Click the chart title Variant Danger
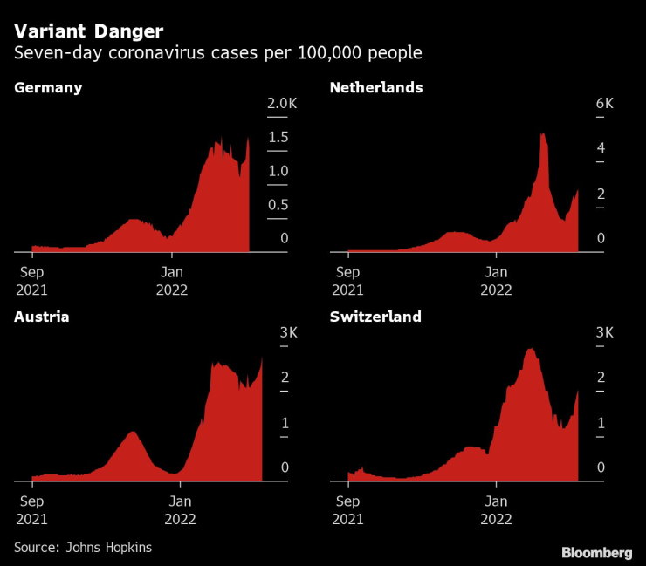88,32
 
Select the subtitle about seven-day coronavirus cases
218,54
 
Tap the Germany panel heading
48,87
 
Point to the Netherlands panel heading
376,87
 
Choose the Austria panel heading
41,317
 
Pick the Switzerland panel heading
375,317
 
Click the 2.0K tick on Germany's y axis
283,105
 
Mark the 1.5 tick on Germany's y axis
278,138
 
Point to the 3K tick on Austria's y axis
289,333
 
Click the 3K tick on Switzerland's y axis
605,333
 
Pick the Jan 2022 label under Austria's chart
180,509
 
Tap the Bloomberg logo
596,552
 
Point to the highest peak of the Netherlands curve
543,134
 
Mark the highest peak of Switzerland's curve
531,350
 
